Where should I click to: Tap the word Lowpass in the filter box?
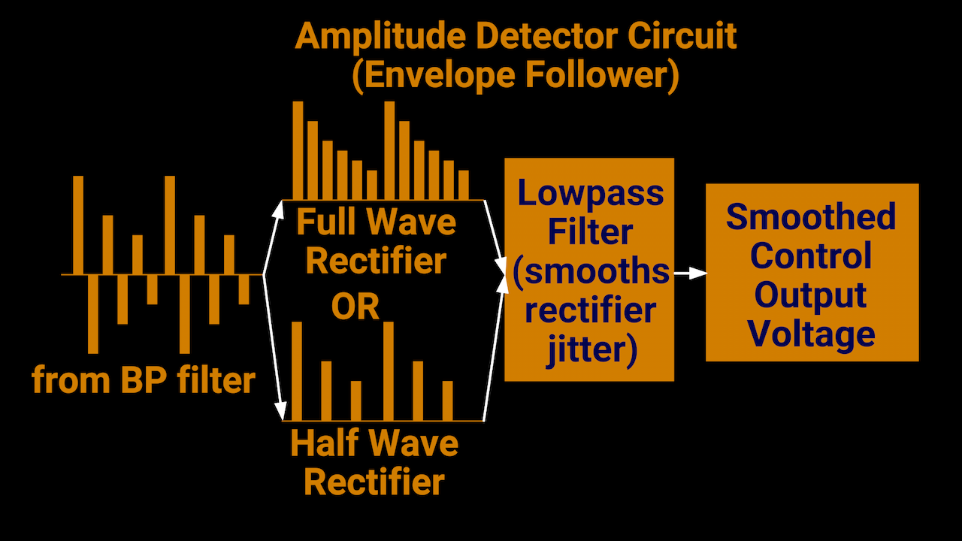(x=591, y=193)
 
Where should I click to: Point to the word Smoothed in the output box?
(x=811, y=217)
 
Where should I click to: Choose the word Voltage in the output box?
(x=812, y=333)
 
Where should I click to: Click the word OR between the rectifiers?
(x=355, y=307)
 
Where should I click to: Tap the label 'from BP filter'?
(x=143, y=380)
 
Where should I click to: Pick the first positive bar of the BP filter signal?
(x=78, y=225)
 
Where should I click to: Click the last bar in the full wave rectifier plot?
(x=463, y=185)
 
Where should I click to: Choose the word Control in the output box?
(x=811, y=256)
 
